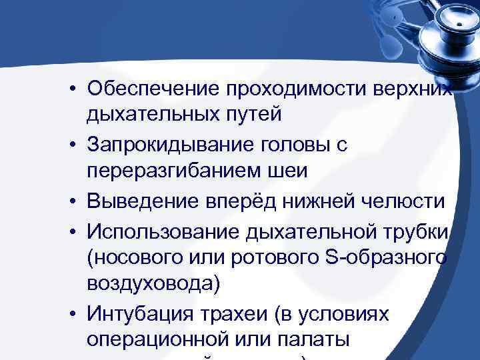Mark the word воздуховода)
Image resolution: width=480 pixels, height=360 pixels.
(153, 283)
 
